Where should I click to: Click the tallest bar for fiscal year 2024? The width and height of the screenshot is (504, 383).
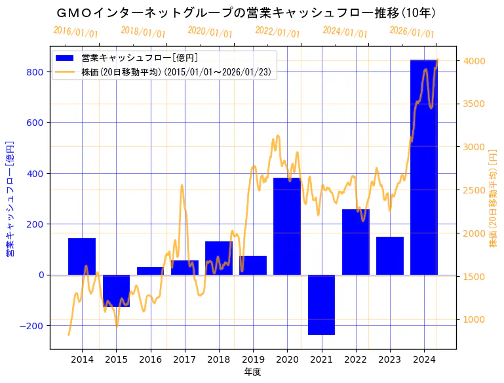[x=423, y=167]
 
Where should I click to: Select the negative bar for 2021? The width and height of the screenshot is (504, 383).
[x=321, y=305]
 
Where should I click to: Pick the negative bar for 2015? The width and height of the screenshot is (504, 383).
[x=116, y=291]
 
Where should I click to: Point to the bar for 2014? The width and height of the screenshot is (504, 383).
[x=82, y=256]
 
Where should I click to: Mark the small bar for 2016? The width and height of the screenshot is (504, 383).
[x=150, y=271]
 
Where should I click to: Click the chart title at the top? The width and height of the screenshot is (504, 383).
[x=246, y=13]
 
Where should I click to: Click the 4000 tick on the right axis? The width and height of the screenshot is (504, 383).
[x=474, y=61]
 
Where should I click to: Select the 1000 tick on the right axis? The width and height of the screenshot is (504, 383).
[x=474, y=319]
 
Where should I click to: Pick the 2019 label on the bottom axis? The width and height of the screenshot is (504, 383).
[x=253, y=359]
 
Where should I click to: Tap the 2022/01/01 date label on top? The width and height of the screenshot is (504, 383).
[x=277, y=32]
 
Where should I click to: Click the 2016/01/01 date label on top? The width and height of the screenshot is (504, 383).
[x=75, y=32]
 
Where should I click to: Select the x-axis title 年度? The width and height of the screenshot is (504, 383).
[x=252, y=373]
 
